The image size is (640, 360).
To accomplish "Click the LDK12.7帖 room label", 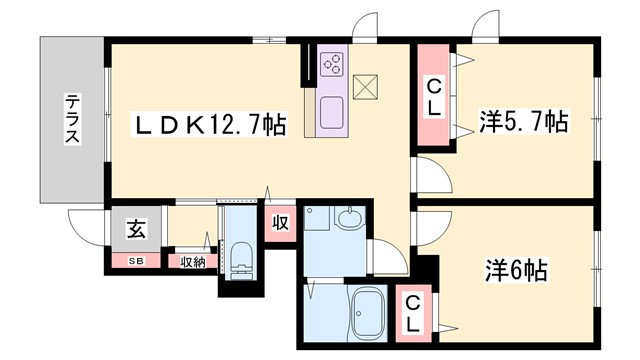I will [x=212, y=124].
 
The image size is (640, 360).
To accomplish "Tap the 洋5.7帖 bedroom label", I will [x=523, y=123].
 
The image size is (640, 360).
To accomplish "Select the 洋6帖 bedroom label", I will [x=517, y=270].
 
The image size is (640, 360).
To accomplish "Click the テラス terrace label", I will [x=73, y=118].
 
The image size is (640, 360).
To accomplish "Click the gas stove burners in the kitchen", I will [x=332, y=66].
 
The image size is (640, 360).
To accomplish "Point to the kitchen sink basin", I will [x=332, y=109].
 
